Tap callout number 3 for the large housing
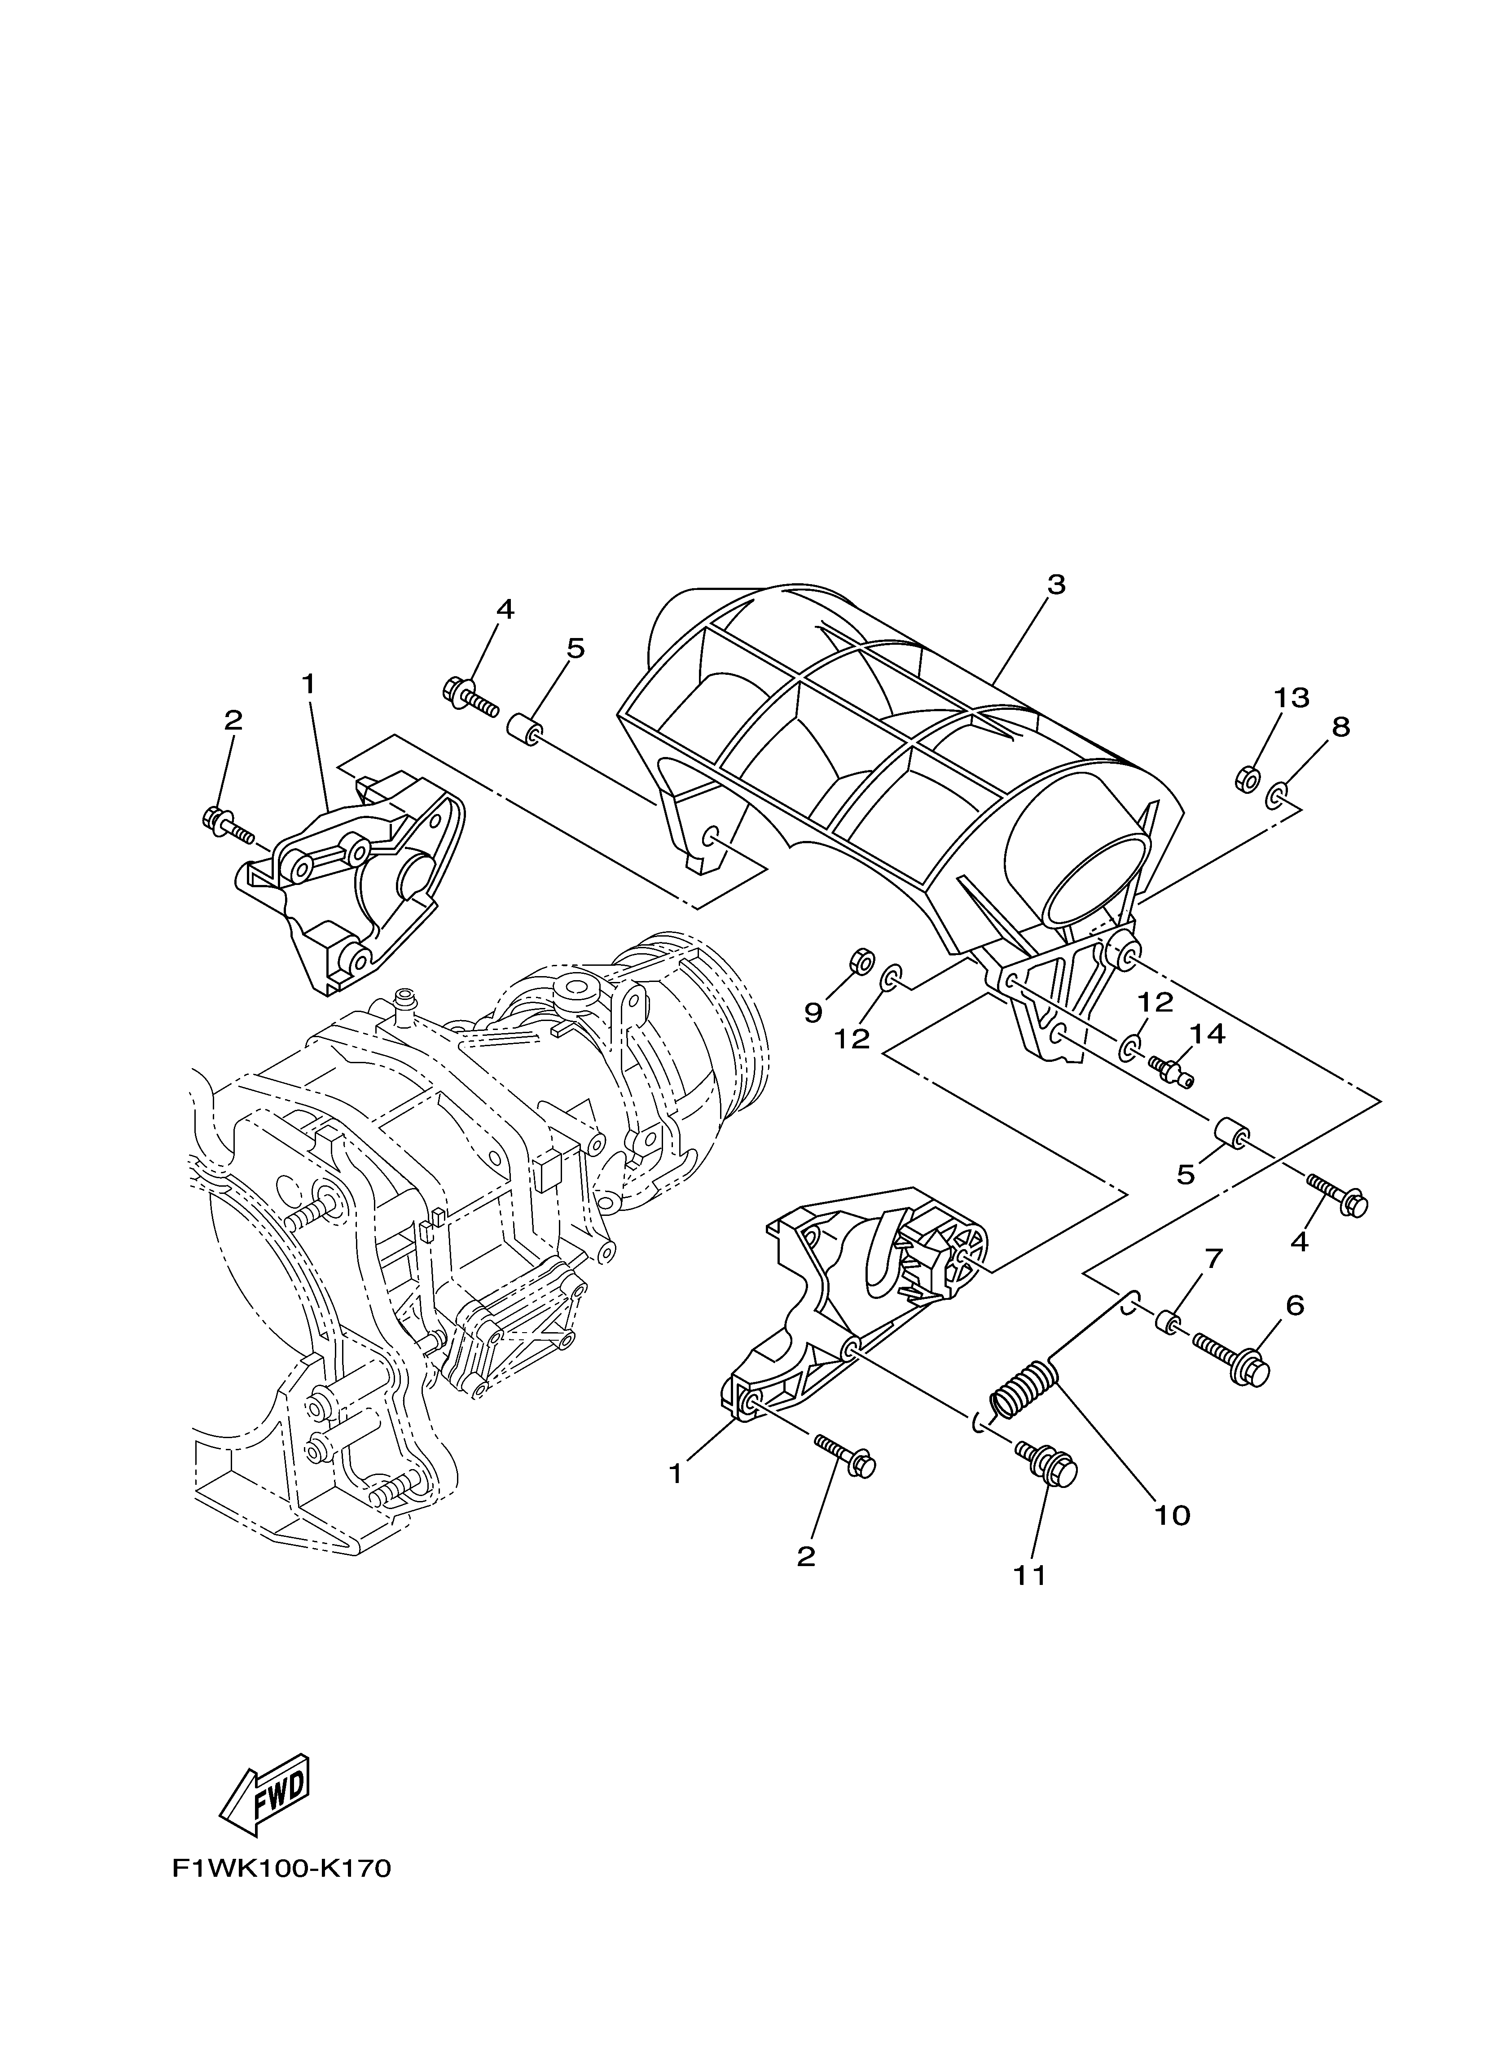(x=1055, y=585)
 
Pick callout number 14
(x=1208, y=1034)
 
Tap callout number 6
(x=1295, y=1305)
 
